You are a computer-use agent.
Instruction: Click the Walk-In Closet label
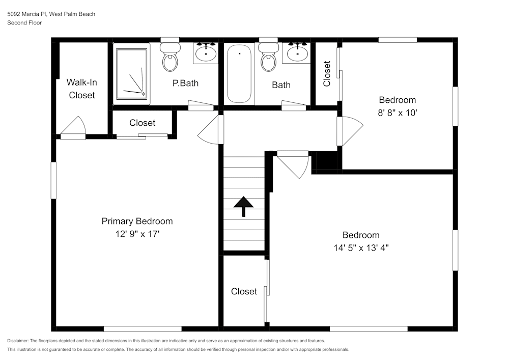point(82,89)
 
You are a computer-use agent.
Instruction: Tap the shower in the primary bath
point(132,73)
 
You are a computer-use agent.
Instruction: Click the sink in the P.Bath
point(206,52)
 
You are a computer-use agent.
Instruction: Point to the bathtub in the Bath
point(239,74)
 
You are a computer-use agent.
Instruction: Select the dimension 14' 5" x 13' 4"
point(361,248)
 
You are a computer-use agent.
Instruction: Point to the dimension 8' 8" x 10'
point(398,113)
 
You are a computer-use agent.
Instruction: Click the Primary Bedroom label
point(137,221)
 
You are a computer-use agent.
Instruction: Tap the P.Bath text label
point(185,83)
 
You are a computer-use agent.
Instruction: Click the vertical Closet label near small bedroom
point(327,73)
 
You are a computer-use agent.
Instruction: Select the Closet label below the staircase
point(244,291)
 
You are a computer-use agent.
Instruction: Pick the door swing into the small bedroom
point(350,131)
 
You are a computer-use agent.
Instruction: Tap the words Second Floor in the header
point(24,22)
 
